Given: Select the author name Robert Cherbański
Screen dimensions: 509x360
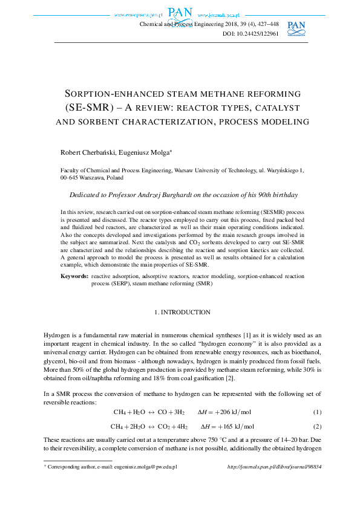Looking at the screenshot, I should point(84,151).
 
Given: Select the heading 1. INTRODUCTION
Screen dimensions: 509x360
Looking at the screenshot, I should point(180,313).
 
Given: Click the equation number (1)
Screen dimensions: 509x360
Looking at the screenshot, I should point(316,412).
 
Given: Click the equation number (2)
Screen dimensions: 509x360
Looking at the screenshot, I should point(316,426).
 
